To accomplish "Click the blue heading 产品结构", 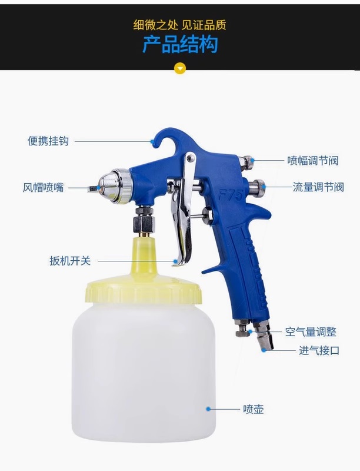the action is pos(180,44).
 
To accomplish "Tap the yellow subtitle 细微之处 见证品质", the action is pos(179,25).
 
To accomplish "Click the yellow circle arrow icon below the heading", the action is pos(180,69).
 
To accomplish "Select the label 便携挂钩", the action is pos(48,141).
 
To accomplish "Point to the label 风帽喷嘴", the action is pos(43,187).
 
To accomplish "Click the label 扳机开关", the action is pos(70,261).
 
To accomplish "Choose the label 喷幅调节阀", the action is pos(313,161).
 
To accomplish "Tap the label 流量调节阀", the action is pos(318,187).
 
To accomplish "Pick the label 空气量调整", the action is pos(311,332).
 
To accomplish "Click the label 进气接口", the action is pos(319,350).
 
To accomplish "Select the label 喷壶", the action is pos(253,409).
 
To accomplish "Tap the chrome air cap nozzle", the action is pos(112,186).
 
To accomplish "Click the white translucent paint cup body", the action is pos(144,373).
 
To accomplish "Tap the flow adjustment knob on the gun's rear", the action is pos(258,185).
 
